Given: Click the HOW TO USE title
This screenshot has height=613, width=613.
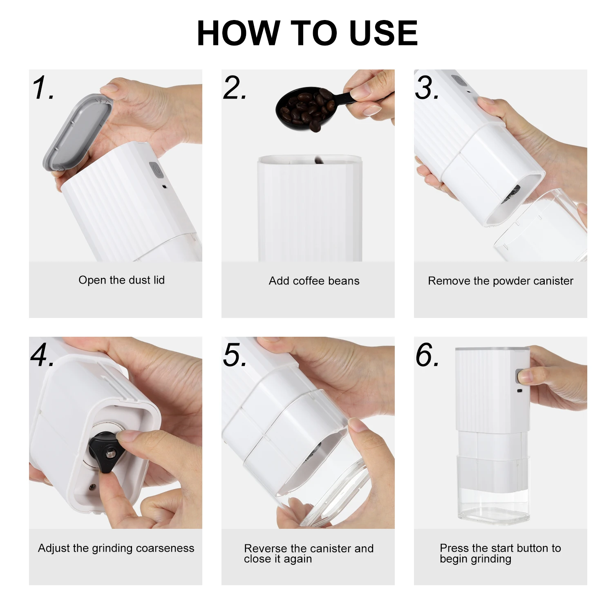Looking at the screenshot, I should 307,33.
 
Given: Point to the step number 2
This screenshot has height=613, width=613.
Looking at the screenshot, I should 235,88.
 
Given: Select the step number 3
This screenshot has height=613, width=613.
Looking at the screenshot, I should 427,88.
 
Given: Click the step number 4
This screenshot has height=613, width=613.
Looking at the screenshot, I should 42,355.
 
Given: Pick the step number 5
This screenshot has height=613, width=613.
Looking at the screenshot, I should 235,355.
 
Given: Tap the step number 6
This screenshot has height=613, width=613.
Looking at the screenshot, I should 427,355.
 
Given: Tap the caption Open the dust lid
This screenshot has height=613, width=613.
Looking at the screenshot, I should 121,280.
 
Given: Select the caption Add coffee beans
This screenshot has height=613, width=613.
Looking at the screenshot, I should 314,281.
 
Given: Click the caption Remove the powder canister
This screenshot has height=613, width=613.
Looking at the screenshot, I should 501,281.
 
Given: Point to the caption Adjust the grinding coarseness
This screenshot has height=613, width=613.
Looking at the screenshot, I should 116,548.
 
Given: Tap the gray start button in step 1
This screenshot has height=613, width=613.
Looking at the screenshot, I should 157,170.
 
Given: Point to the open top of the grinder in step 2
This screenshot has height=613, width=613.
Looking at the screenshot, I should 310,159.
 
